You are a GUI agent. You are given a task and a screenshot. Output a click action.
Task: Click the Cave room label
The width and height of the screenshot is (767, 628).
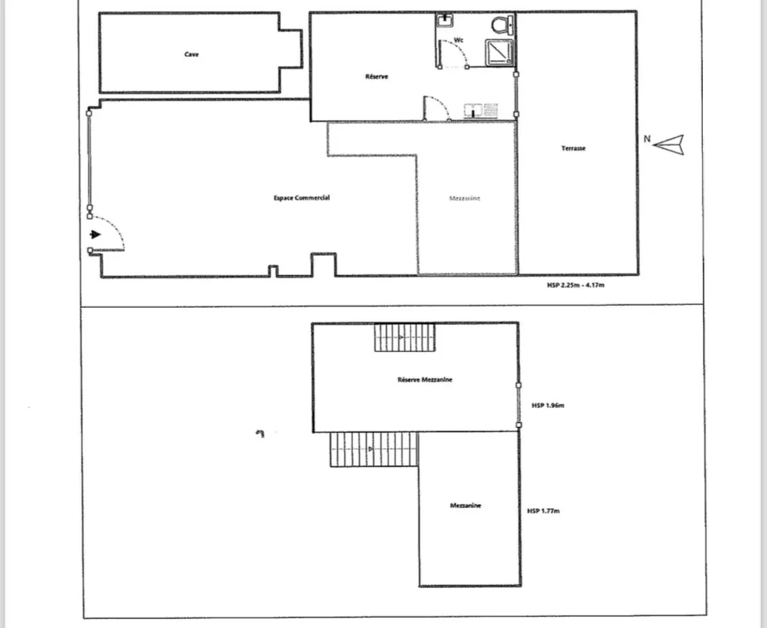pos(192,54)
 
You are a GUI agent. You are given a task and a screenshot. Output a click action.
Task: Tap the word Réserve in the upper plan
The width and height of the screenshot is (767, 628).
pos(376,77)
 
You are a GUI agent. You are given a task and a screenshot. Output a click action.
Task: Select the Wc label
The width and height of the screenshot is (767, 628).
pos(460,40)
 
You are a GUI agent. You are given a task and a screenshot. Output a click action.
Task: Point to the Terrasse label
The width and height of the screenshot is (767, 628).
pos(573,148)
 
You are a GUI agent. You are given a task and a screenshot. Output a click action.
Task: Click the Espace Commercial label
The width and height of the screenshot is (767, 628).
pos(302,198)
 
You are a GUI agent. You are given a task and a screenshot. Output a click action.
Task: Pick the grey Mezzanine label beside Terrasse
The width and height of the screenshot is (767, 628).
pos(465,198)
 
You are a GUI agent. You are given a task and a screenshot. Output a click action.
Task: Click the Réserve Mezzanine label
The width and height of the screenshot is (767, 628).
pos(425,379)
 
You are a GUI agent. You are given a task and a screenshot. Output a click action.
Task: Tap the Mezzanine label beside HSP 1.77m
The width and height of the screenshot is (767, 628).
pos(466,505)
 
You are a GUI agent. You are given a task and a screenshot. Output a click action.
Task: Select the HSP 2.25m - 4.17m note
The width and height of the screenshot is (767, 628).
pos(571,285)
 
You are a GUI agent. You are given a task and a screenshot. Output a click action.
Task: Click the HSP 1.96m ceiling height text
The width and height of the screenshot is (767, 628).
pos(548,406)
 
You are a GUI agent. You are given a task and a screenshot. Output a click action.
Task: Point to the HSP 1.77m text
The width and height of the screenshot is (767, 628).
pos(543,510)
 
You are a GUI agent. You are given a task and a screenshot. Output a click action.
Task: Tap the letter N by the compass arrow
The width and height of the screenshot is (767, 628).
pos(647,139)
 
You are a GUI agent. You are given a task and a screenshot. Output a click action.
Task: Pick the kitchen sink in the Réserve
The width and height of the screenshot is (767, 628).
pos(481,110)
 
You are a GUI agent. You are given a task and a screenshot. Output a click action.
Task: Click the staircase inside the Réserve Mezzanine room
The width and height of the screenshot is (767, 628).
pos(404,337)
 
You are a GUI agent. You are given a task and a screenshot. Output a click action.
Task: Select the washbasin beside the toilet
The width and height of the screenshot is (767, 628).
pos(446,20)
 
